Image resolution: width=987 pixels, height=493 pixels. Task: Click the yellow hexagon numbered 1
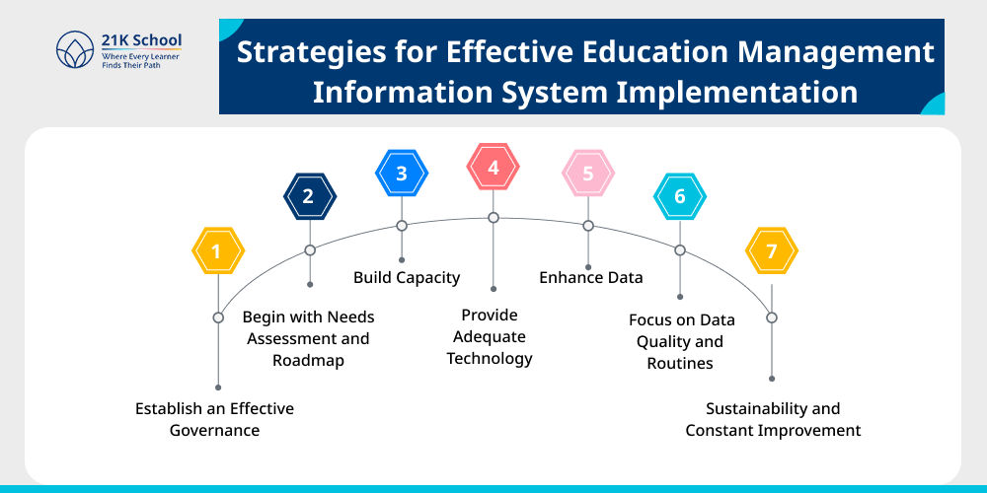click(216, 250)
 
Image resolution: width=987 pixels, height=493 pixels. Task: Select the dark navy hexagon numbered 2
click(309, 196)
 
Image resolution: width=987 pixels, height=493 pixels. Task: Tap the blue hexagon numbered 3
click(402, 174)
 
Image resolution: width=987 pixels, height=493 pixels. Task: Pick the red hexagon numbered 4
click(493, 167)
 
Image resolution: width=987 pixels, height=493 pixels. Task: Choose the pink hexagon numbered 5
click(588, 175)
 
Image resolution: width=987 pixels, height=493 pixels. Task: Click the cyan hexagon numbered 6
click(680, 196)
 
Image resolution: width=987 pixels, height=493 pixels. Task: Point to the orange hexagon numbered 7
click(771, 250)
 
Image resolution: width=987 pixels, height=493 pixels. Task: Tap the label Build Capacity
click(407, 277)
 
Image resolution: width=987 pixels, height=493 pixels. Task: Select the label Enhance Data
click(590, 277)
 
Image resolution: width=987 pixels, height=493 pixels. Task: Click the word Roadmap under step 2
click(308, 361)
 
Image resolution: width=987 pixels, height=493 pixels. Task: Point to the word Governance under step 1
click(214, 430)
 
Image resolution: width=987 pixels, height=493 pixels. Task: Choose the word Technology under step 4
click(490, 358)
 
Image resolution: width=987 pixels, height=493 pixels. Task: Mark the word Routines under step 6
click(680, 363)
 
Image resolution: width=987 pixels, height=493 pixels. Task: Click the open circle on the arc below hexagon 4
click(493, 217)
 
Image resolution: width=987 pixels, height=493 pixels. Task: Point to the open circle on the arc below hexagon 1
click(218, 317)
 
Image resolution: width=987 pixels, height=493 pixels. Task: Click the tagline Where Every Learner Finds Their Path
click(140, 61)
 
